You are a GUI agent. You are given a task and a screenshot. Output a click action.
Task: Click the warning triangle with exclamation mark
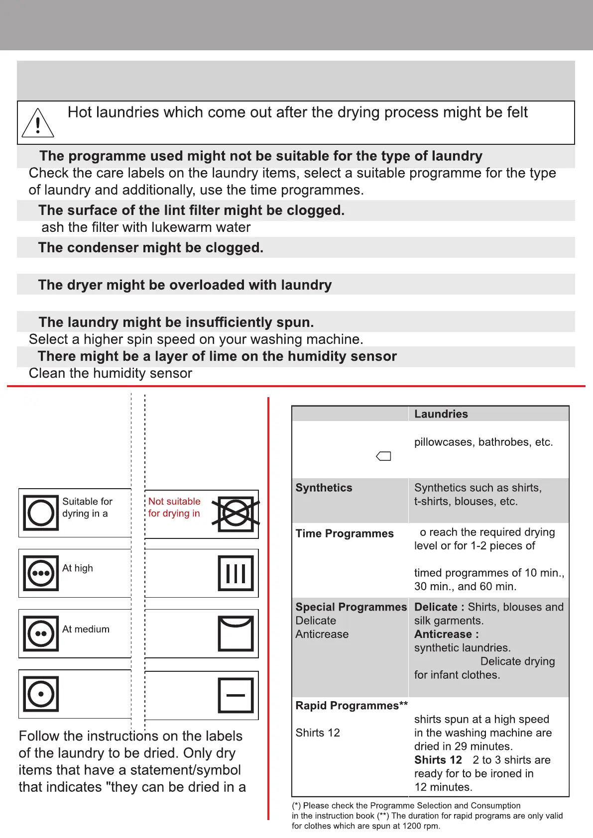[38, 123]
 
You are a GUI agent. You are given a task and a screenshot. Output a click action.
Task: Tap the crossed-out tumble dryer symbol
[236, 513]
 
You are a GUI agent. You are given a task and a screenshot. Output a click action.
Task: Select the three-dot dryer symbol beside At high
[41, 573]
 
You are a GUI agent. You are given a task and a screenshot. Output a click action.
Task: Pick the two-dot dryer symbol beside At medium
[41, 633]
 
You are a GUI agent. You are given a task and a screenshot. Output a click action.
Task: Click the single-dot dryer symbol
[41, 694]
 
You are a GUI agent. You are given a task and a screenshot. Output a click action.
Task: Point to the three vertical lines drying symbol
[236, 573]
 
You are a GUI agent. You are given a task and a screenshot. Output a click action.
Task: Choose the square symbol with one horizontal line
[236, 695]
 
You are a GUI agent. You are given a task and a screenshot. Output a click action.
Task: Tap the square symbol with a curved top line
[236, 633]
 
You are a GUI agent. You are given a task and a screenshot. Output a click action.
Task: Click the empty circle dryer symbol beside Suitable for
[41, 513]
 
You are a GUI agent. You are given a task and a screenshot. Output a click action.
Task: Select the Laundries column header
[441, 414]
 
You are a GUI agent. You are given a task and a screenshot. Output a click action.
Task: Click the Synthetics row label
[324, 488]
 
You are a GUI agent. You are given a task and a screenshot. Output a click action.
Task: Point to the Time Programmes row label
[345, 533]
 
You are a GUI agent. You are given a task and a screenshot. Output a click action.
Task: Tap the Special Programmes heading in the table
[351, 607]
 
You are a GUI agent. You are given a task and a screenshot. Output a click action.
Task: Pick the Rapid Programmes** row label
[352, 706]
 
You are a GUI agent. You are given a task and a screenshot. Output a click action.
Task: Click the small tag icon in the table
[383, 456]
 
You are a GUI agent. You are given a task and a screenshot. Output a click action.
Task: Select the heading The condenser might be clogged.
[151, 248]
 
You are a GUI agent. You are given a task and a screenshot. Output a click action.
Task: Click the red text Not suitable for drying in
[174, 507]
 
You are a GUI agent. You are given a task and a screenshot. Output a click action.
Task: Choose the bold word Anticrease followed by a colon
[446, 634]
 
